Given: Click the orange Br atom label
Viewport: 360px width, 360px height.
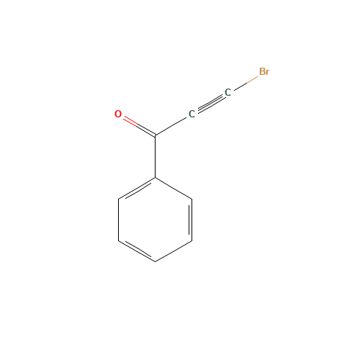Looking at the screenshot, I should pos(264,72).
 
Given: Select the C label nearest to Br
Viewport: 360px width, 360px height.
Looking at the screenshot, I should pos(228,93).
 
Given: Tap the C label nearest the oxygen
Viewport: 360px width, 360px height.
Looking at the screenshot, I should pos(192,114).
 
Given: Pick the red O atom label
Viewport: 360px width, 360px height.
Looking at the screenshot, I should pos(118,114).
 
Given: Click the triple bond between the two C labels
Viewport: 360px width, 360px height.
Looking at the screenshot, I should pos(210,103).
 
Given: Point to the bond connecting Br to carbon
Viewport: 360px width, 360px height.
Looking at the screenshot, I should pos(245,83).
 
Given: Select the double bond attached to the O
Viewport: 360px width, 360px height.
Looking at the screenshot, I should pos(137,125).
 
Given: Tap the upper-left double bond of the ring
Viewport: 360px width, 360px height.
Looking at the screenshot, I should pos(137,187).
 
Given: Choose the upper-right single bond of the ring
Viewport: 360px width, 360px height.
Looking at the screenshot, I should pos(174,187).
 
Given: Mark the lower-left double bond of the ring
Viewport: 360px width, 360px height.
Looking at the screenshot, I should pos(137,250).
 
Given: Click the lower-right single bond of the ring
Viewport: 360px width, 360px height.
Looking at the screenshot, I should pos(174,250).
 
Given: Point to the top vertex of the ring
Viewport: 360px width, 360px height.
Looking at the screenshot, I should pos(156,176).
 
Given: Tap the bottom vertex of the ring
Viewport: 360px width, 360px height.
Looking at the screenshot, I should pos(156,261).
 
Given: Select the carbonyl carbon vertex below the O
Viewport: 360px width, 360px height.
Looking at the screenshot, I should pos(156,135).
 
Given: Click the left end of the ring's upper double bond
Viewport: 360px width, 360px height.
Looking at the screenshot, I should pos(119,197).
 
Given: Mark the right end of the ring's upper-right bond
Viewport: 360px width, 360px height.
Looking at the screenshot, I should pos(192,197).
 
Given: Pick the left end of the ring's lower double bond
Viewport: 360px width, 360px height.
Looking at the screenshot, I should pos(119,240).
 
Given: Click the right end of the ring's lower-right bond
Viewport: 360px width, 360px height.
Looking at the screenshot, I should pos(192,240).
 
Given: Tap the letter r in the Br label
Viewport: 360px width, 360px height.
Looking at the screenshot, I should pos(268,73).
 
